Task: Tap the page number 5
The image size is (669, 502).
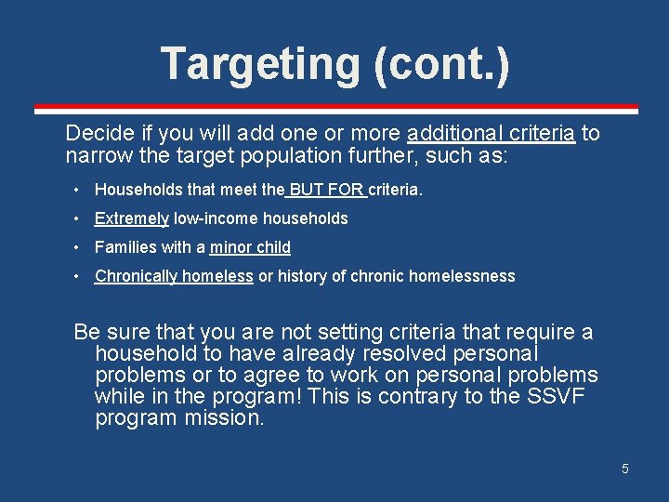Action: point(625,469)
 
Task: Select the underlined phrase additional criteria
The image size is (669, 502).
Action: point(491,133)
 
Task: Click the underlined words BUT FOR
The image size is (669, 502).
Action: point(326,190)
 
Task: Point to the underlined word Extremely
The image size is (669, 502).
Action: point(132,218)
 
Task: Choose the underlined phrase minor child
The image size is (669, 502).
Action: point(250,247)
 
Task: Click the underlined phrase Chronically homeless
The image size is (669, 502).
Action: point(174,276)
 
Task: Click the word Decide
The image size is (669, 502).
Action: point(96,133)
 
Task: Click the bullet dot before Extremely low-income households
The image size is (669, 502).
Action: point(76,218)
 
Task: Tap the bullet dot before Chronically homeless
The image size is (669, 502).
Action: point(76,276)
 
